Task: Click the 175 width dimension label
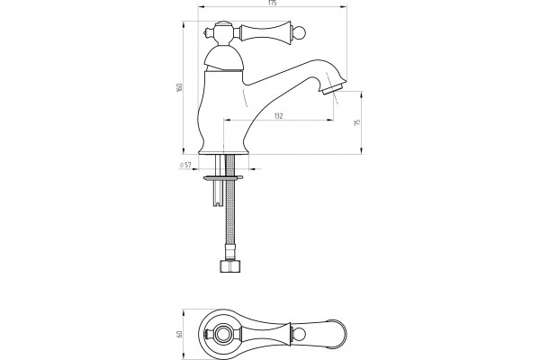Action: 272,3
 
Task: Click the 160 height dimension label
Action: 179,87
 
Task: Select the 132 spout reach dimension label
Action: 279,116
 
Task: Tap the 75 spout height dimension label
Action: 357,122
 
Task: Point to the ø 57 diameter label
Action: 185,165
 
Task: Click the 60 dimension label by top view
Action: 179,334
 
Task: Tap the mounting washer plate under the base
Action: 223,178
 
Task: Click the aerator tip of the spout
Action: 333,89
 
